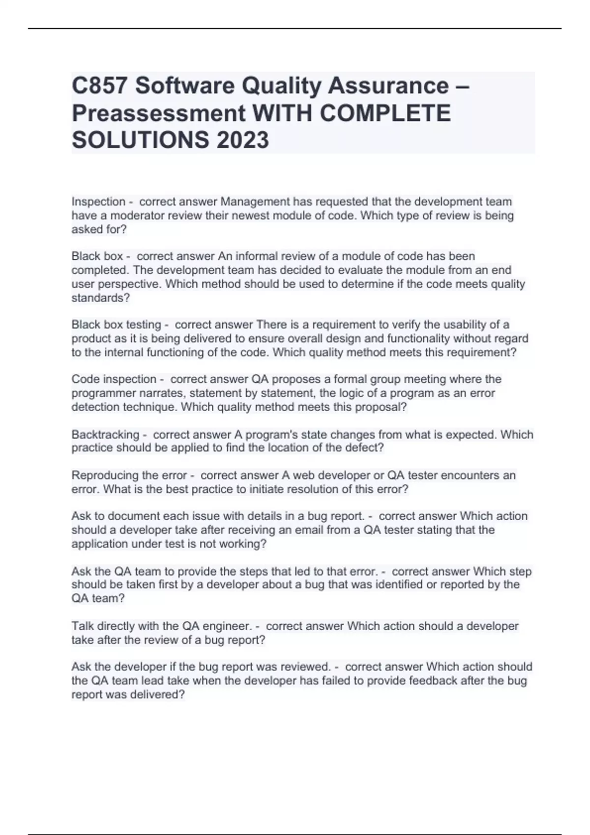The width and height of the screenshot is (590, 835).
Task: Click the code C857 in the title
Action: (100, 86)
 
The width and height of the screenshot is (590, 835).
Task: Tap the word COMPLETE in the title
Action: (385, 113)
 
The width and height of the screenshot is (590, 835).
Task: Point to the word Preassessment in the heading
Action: (158, 113)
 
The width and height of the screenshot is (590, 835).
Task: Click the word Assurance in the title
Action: (388, 86)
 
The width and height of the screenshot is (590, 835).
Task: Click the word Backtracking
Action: (105, 435)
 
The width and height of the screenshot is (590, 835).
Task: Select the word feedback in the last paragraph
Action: (489, 681)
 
